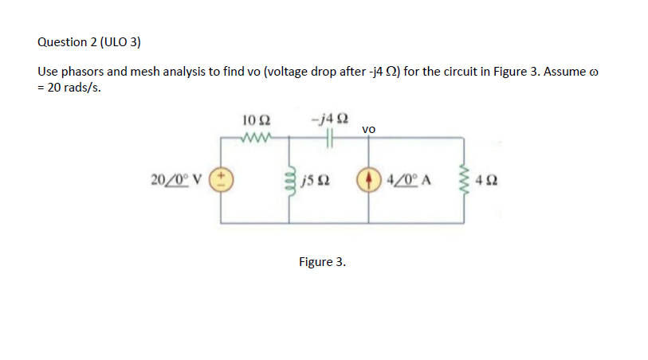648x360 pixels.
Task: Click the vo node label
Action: tap(368, 128)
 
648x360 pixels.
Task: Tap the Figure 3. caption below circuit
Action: tap(322, 261)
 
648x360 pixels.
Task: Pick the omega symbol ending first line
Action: tap(592, 72)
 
